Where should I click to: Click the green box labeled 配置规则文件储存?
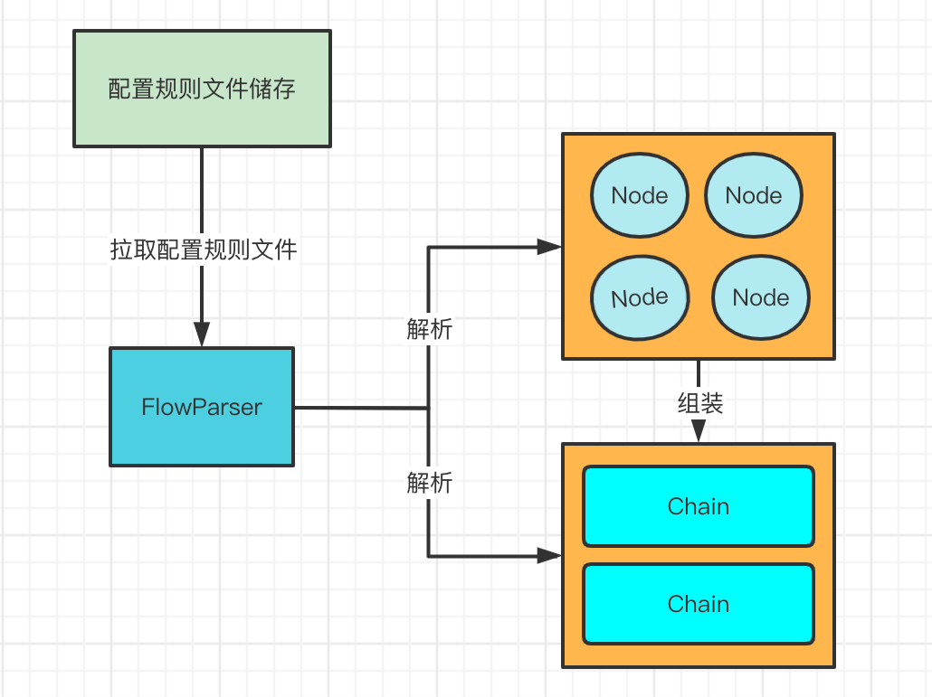coord(202,89)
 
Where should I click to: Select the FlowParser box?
coord(202,407)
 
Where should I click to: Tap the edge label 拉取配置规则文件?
coord(204,250)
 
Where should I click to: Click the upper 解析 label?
coord(429,328)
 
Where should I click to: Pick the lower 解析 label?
coord(429,483)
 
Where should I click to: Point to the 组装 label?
coord(700,403)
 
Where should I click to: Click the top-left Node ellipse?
coord(640,195)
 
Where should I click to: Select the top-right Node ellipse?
coord(754,195)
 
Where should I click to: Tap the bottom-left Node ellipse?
coord(640,297)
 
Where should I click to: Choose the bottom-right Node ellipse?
coord(761,297)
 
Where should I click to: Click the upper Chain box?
coord(699,506)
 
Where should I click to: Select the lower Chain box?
coord(699,604)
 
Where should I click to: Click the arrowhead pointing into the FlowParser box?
coord(202,334)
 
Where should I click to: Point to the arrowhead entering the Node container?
coord(549,247)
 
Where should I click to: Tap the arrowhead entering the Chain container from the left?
coord(549,556)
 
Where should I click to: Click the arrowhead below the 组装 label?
coord(699,431)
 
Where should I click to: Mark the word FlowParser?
coord(202,408)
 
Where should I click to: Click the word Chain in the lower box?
coord(699,604)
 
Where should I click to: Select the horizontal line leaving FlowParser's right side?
coord(361,408)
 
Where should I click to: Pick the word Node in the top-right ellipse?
coord(754,195)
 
